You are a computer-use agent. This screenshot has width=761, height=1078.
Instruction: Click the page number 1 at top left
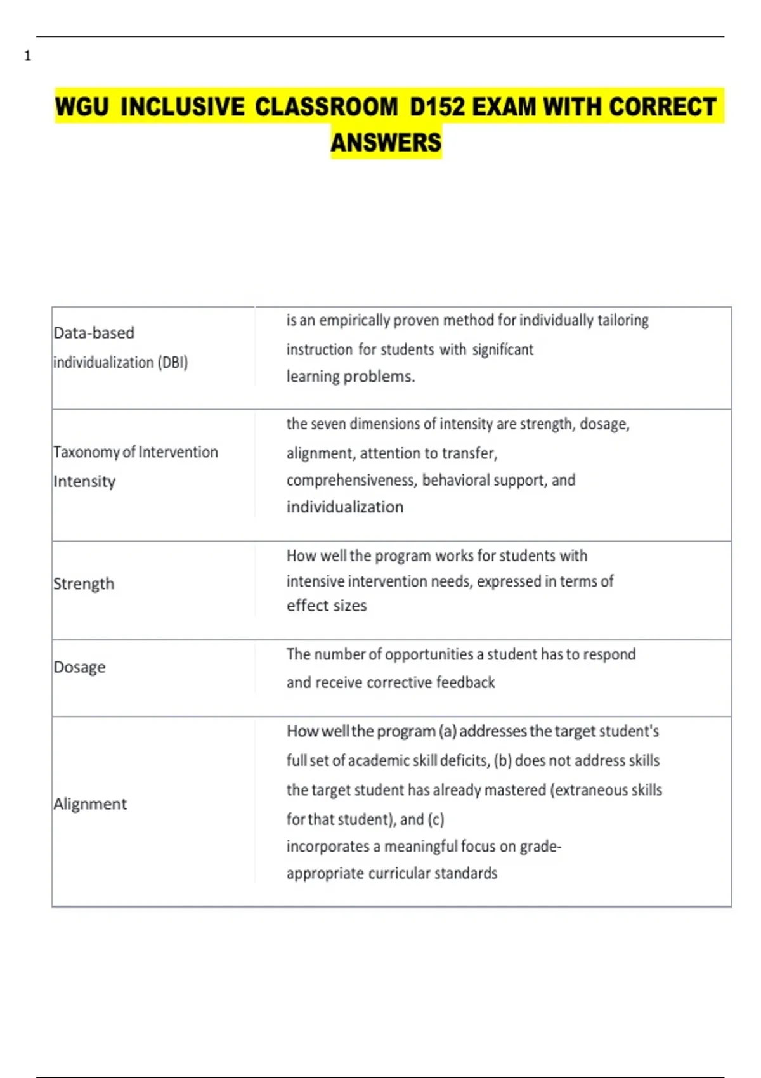coord(27,56)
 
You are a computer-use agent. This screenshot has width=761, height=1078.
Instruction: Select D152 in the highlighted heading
coord(437,107)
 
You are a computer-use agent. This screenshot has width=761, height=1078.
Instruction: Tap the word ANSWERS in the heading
coord(386,143)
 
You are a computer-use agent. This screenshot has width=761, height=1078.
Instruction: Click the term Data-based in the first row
coord(94,333)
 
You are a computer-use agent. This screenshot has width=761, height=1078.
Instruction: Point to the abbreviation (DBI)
coord(172,363)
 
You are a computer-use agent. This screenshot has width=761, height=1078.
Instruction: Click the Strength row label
coord(84,584)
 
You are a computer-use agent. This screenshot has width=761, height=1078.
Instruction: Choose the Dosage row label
coord(79,667)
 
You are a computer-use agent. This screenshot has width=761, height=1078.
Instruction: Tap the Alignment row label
coord(90,804)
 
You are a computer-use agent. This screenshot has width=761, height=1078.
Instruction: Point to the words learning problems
coord(350,377)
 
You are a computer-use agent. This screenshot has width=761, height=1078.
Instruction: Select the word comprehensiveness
coord(350,481)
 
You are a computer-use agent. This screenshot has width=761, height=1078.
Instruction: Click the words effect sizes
coord(326,606)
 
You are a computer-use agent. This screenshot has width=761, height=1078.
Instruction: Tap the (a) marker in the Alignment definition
coord(447,731)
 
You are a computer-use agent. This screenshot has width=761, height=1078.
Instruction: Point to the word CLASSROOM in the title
coord(326,107)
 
